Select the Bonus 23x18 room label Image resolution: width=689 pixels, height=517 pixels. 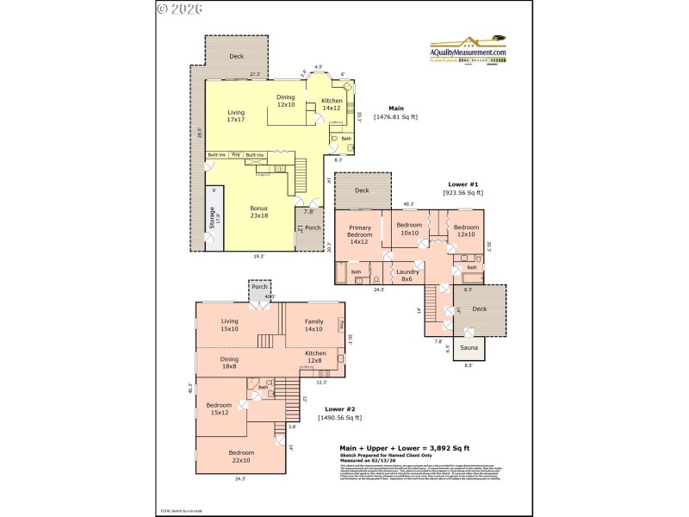pos(259,212)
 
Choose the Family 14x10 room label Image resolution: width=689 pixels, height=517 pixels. pos(313,324)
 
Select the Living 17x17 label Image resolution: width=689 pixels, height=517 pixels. pos(235,116)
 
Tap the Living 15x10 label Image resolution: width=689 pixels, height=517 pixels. pos(229,324)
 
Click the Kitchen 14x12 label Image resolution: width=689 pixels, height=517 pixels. pos(332,104)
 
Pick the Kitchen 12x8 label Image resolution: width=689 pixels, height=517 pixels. pos(315,357)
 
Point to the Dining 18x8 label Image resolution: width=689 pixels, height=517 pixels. pos(229,362)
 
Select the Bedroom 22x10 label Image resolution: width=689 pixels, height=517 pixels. pos(241,456)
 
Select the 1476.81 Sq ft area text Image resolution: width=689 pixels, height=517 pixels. pos(395,116)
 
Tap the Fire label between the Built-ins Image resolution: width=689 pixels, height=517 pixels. pos(235,155)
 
